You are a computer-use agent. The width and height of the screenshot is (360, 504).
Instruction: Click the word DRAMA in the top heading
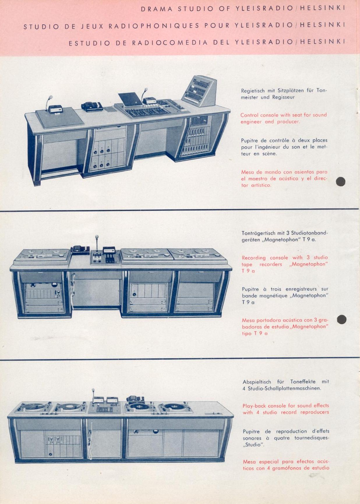point(157,9)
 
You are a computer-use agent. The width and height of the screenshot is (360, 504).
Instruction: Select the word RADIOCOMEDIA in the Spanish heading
point(170,43)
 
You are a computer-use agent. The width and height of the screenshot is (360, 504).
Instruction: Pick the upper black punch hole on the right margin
point(340,181)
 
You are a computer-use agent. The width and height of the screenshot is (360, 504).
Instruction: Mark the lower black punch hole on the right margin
point(342,320)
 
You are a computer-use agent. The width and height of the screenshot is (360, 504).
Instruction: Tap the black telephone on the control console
point(92,107)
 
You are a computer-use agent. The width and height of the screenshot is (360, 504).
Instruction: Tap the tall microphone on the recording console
point(96,244)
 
